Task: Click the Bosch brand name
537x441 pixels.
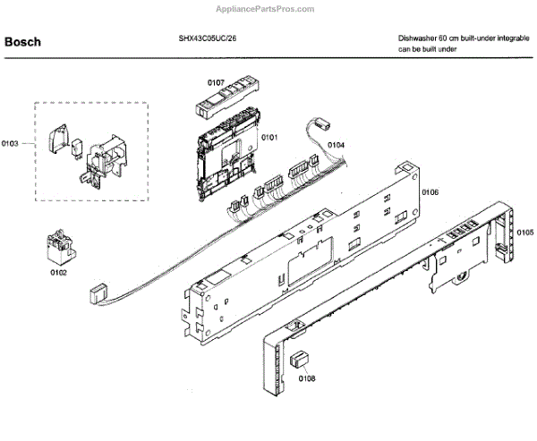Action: coord(23,42)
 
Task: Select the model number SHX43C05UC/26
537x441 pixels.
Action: coord(208,39)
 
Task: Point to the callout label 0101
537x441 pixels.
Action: coord(269,138)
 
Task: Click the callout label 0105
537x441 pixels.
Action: coord(525,231)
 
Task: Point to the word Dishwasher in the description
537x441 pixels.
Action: coord(420,39)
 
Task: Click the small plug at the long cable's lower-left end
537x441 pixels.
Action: coord(98,292)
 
